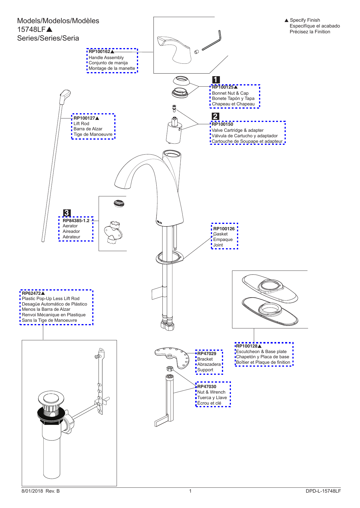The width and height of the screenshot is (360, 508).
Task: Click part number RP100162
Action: pos(99,52)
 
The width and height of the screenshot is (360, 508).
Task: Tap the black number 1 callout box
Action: pos(216,79)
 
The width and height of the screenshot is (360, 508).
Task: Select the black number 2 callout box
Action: pos(215,116)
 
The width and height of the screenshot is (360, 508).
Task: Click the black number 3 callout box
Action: pos(67,213)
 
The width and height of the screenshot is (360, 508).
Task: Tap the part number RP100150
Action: pos(222,124)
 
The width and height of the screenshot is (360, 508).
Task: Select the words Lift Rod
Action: pos(81,124)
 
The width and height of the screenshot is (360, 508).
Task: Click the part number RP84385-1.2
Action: pos(76,221)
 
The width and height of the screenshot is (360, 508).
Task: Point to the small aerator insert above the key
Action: pos(119,203)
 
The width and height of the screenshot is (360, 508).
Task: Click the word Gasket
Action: pos(220,234)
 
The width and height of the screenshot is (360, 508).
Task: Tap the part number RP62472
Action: pos(31,293)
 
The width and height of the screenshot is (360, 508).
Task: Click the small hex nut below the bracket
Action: pos(170,368)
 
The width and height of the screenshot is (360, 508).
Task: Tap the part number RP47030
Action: pos(207,387)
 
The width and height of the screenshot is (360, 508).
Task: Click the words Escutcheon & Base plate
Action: pos(261,352)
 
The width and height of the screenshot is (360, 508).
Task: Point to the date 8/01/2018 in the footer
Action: pos(32,491)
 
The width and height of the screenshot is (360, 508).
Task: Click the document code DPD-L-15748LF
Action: pos(323,491)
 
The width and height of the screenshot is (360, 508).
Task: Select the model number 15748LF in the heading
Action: pos(31,30)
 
